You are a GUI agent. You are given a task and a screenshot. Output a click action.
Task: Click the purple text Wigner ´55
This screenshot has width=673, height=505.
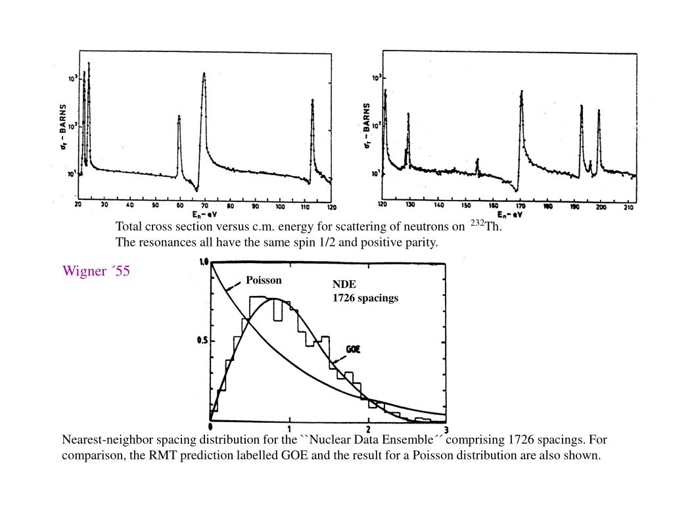[96, 271]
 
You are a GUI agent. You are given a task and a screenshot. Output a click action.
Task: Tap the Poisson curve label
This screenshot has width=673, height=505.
[264, 280]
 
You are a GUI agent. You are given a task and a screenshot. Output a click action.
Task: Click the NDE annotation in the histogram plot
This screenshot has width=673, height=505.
[344, 285]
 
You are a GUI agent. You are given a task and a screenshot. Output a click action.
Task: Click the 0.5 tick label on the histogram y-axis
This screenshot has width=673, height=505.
[202, 341]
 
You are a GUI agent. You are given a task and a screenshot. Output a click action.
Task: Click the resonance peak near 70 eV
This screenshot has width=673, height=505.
[204, 74]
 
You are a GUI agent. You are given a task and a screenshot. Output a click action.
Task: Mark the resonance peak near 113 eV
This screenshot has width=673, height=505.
[312, 101]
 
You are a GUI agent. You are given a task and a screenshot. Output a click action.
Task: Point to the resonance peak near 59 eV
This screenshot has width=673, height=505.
[179, 118]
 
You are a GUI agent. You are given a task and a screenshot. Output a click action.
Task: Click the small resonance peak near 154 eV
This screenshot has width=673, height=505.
[477, 160]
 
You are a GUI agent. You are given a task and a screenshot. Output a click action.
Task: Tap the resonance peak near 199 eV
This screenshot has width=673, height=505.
[599, 111]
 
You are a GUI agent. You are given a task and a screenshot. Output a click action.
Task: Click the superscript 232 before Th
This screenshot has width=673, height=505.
[476, 224]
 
